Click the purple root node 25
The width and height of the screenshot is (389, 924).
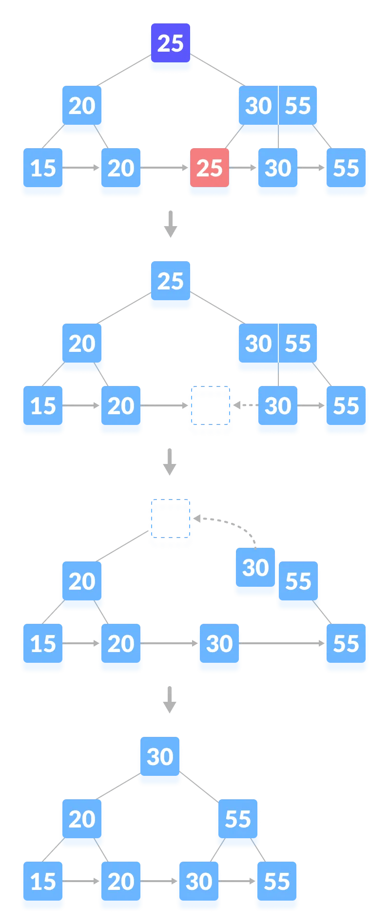[x=170, y=43]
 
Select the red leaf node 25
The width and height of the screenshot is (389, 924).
[x=210, y=168]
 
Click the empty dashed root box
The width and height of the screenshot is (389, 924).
[x=170, y=523]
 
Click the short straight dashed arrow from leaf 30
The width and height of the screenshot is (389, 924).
[x=245, y=405]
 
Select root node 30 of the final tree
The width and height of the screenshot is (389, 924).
[x=160, y=757]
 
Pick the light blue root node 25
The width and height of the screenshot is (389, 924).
[x=170, y=282]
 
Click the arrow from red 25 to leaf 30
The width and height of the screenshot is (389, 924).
[x=243, y=168]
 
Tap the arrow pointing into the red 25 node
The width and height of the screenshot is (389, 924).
[x=166, y=168]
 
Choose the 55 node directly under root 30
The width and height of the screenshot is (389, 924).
[x=238, y=819]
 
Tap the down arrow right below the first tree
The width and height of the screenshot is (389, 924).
[x=170, y=224]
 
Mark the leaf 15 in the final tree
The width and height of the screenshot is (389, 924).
[x=43, y=882]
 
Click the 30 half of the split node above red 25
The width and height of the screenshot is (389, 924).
[x=258, y=106]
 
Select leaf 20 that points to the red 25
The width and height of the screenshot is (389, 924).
[x=121, y=168]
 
